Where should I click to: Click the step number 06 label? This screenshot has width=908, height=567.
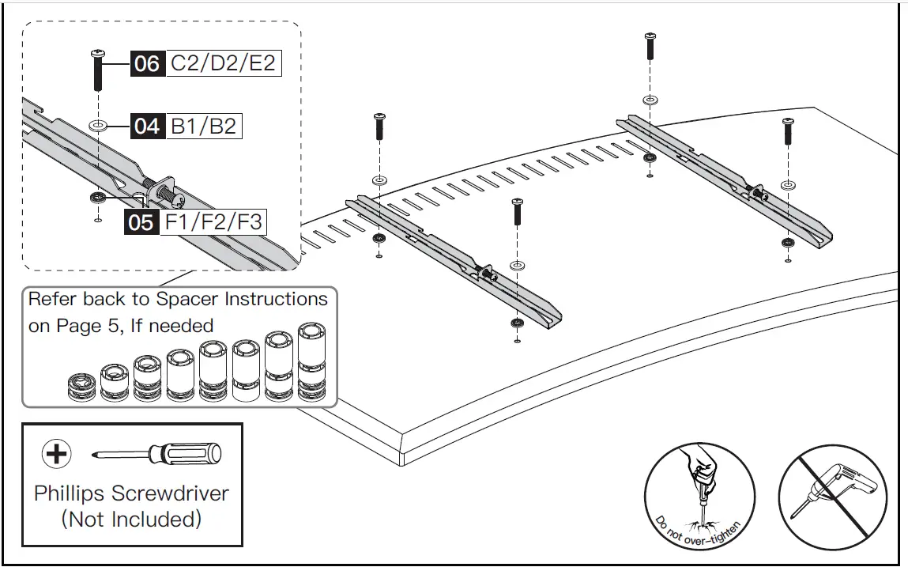[147, 63]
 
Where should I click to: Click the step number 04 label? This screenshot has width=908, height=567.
[147, 127]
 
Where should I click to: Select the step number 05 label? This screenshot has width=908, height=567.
[141, 222]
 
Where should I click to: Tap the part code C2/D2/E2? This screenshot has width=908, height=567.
[223, 63]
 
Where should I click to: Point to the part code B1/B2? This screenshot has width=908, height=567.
[203, 127]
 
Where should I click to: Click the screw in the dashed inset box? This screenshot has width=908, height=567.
[99, 70]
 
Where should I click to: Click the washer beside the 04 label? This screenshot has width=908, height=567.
[100, 126]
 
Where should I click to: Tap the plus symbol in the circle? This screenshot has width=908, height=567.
[55, 454]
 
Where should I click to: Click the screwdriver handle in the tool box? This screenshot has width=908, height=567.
[190, 454]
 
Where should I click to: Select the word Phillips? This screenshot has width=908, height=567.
[69, 493]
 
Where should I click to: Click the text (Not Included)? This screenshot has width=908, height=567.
[131, 520]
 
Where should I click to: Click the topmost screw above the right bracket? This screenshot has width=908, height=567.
[650, 47]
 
